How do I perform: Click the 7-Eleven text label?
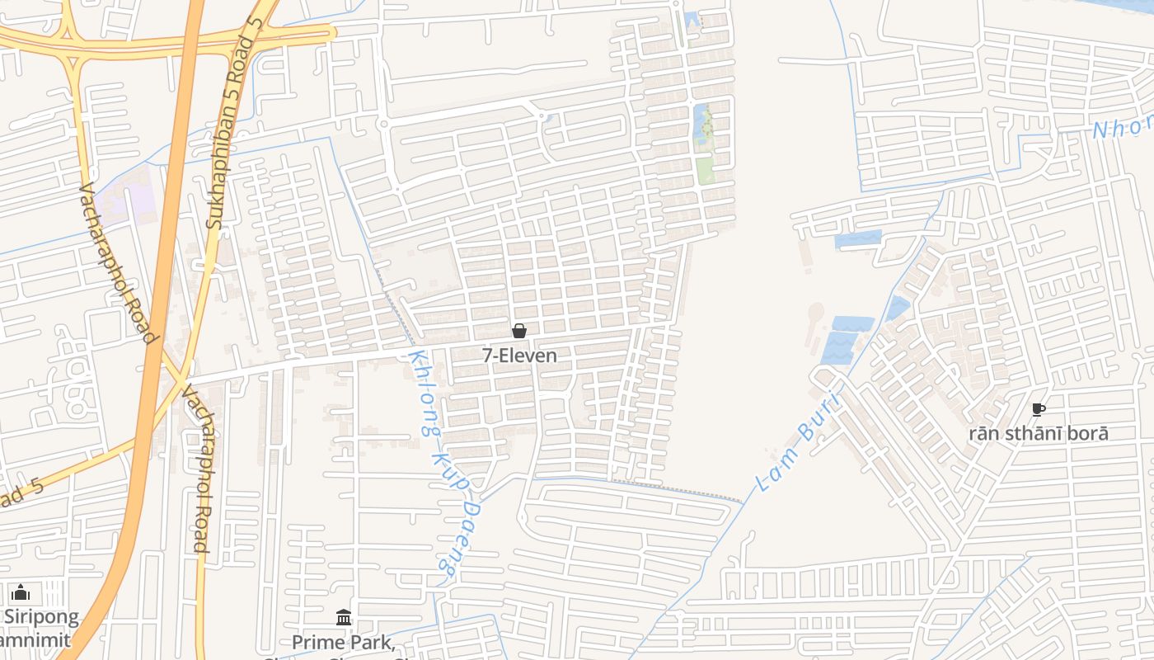point(519,356)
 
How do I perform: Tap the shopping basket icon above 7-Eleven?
point(519,331)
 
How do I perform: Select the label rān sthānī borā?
point(1038,433)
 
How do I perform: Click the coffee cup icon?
point(1038,409)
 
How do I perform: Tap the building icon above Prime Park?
point(344,617)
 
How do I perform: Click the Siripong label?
point(41,616)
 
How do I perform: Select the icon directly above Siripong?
point(21,592)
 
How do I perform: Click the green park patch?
point(705,171)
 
